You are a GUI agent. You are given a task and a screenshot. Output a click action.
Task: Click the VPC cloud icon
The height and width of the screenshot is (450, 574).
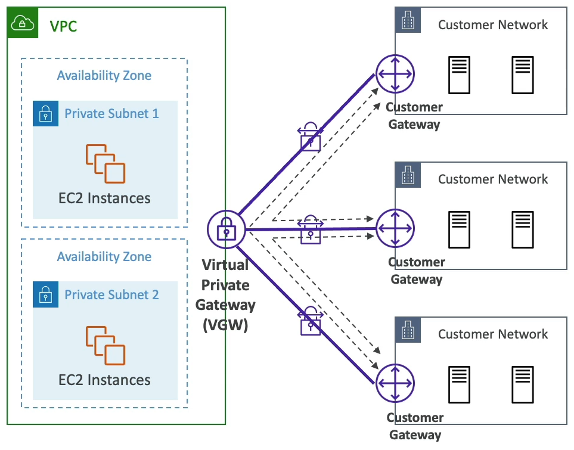[x=23, y=23]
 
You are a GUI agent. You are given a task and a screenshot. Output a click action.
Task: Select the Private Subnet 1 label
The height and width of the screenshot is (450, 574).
[x=111, y=113]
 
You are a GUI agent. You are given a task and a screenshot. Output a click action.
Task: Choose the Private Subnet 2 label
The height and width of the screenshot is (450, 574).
[x=111, y=294]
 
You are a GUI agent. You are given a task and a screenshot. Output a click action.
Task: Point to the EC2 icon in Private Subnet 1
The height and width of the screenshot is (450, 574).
[x=105, y=163]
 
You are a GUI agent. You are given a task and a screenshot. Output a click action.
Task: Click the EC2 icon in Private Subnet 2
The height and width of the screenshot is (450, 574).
[x=105, y=345]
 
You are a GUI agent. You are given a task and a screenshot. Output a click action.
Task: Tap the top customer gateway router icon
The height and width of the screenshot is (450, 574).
[x=395, y=74]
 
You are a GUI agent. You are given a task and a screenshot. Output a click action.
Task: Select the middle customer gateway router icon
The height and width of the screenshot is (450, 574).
[x=395, y=228]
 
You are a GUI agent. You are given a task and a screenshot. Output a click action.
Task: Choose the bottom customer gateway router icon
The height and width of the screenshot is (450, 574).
[x=395, y=383]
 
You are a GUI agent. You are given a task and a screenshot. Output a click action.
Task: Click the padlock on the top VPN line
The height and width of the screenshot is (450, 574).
[x=310, y=137]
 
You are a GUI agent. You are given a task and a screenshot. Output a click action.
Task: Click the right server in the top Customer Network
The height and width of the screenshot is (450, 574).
[x=522, y=75]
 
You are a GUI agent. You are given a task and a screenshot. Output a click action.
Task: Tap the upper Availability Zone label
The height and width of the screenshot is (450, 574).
[x=104, y=76]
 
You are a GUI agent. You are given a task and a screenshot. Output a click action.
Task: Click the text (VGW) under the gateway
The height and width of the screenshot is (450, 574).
[x=226, y=326]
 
